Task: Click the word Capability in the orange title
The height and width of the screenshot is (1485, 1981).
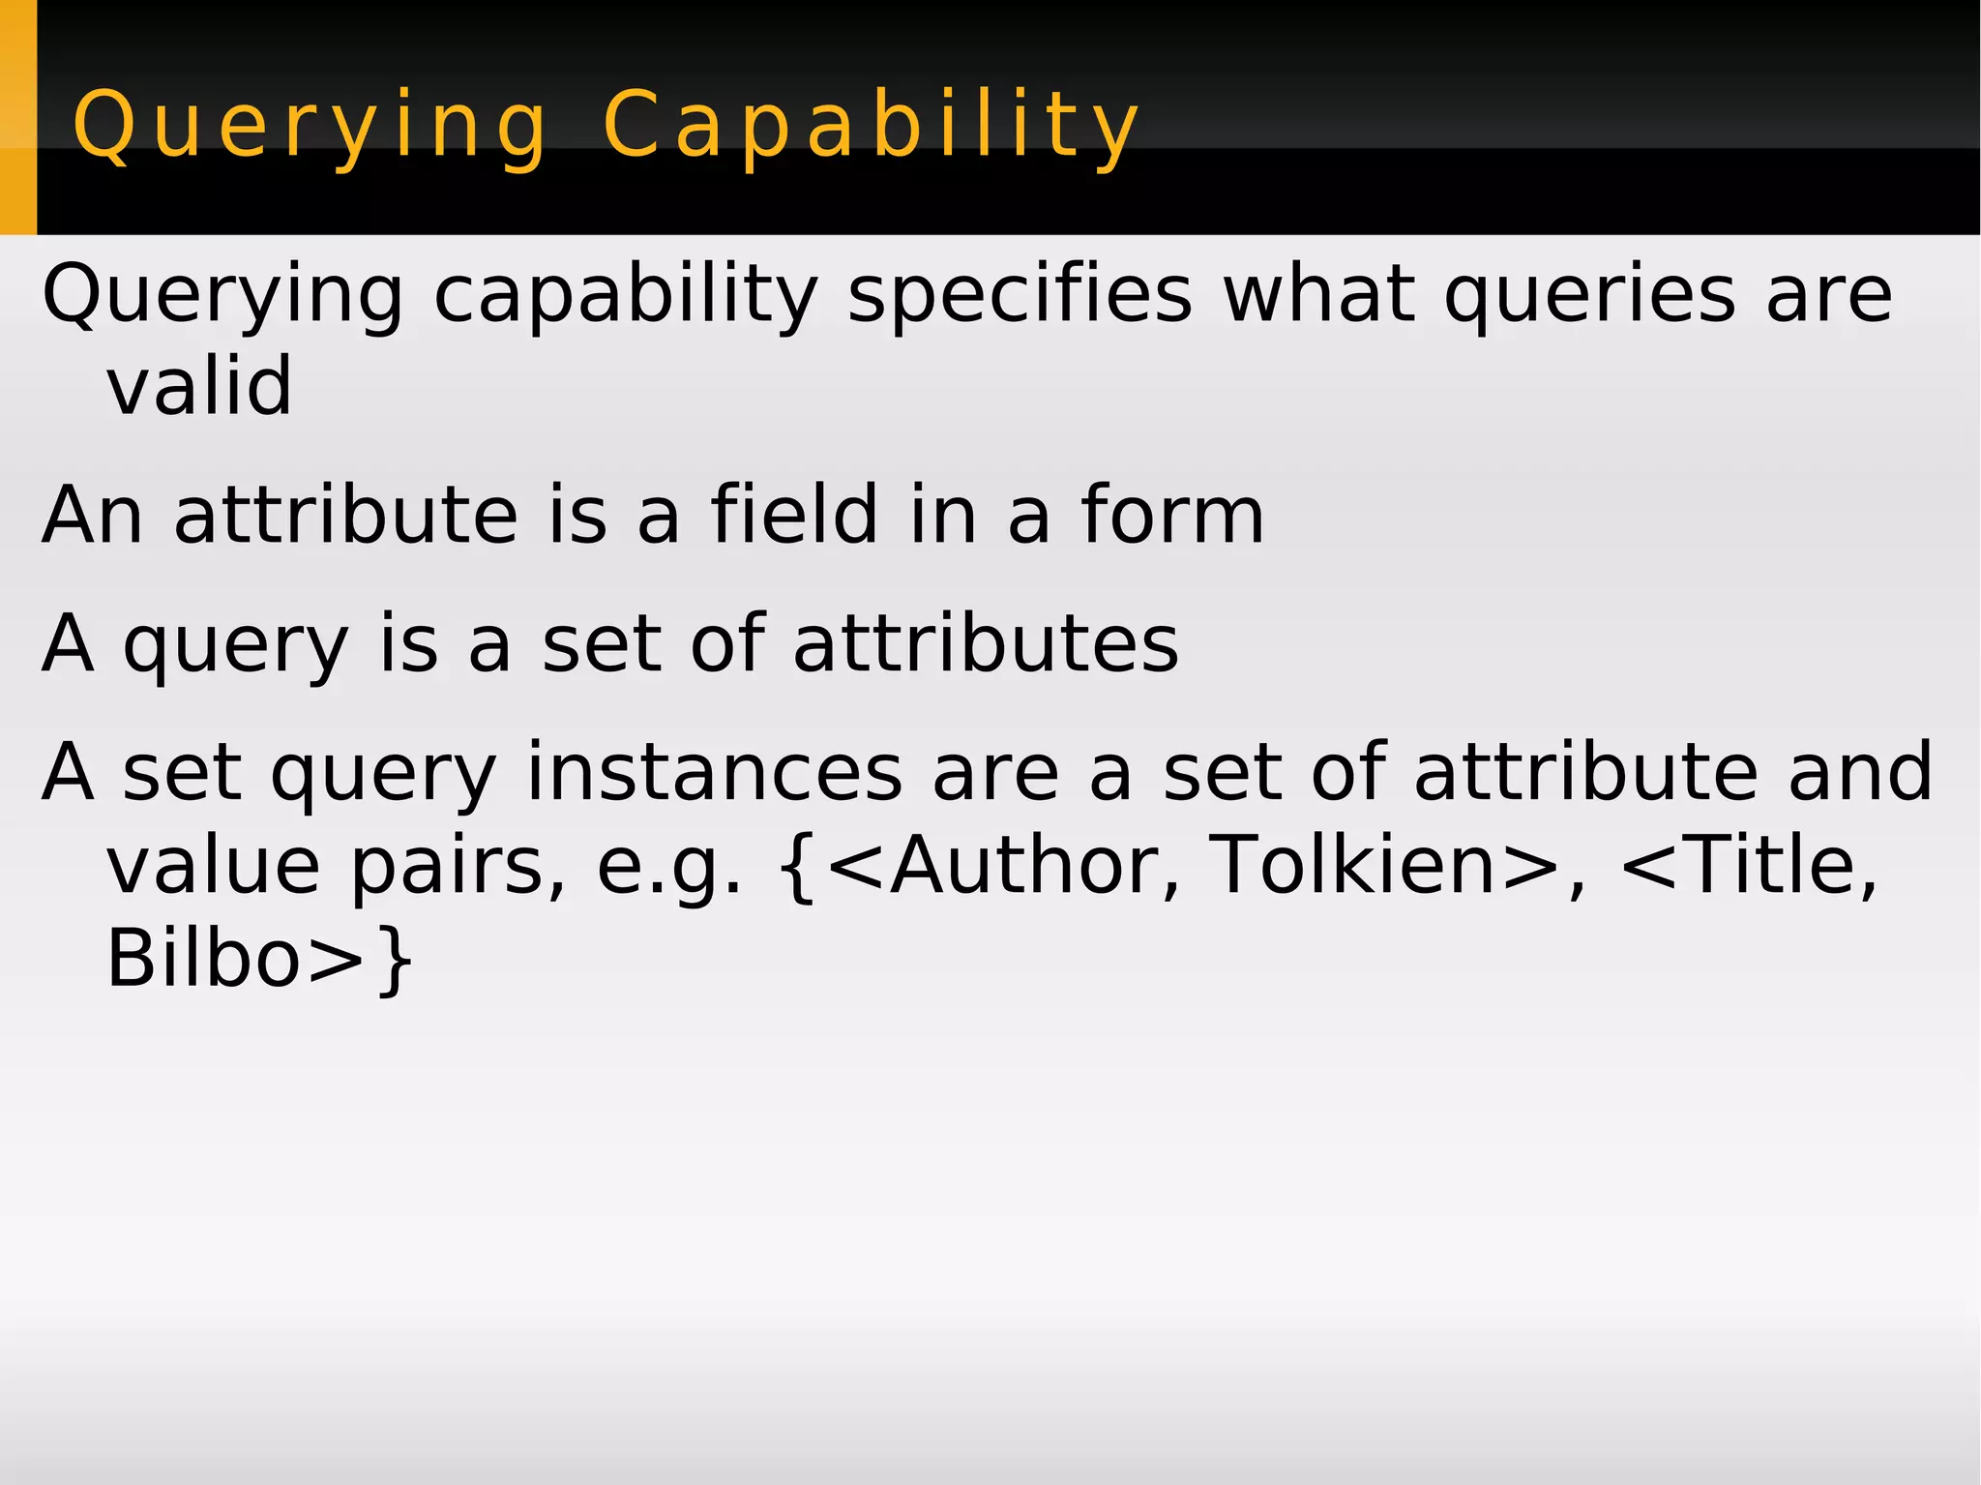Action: (x=871, y=126)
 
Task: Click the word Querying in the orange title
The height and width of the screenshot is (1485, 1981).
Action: (x=310, y=126)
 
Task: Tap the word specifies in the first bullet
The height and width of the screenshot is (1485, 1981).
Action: (x=1020, y=294)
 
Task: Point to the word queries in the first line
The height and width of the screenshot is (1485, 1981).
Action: (x=1590, y=294)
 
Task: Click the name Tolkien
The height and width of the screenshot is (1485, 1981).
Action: (x=1353, y=865)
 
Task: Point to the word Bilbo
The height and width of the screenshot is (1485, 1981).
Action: (x=203, y=958)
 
